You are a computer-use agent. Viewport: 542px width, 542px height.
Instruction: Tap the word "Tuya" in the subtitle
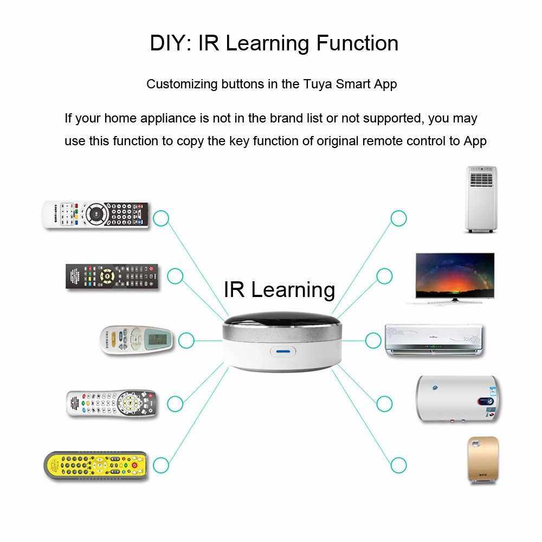click(318, 85)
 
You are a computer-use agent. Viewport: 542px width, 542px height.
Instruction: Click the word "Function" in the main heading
click(357, 43)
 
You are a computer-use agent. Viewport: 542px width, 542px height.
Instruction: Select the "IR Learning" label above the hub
click(279, 289)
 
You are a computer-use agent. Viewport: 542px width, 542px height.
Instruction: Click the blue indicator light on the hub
click(283, 352)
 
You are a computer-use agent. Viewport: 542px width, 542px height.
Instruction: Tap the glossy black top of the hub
click(282, 322)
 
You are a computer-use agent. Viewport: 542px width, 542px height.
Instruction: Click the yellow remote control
click(96, 466)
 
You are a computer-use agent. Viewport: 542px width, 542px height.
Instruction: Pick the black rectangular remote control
click(112, 276)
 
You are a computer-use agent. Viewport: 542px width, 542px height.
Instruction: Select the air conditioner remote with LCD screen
click(136, 340)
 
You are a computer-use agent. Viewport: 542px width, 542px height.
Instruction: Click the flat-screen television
click(455, 278)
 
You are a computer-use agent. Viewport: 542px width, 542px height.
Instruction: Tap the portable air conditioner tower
click(481, 199)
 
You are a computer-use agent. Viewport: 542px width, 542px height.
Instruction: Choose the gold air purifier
click(483, 460)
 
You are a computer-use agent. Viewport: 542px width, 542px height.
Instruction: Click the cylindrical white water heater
click(458, 399)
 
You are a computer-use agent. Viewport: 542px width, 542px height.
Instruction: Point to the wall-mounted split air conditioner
click(434, 340)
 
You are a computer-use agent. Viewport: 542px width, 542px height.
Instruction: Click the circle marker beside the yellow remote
click(161, 465)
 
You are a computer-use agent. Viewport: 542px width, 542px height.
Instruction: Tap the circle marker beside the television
click(384, 276)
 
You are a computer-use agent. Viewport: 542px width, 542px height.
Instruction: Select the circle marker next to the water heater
click(384, 404)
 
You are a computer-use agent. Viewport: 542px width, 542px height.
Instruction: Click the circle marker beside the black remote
click(175, 276)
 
